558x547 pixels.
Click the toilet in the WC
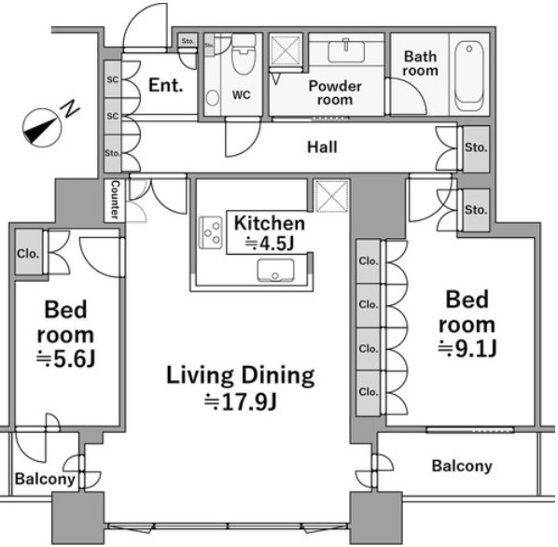pyautogui.click(x=244, y=54)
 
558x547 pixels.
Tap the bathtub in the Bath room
pyautogui.click(x=469, y=76)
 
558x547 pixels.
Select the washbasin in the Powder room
pyautogui.click(x=346, y=51)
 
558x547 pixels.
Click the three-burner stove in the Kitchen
pyautogui.click(x=211, y=232)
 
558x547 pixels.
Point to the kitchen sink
pyautogui.click(x=276, y=270)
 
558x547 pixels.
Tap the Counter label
pyautogui.click(x=115, y=200)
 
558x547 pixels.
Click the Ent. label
pyautogui.click(x=166, y=86)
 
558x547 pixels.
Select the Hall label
pyautogui.click(x=322, y=147)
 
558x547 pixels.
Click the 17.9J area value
pyautogui.click(x=241, y=401)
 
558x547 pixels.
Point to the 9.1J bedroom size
pyautogui.click(x=467, y=348)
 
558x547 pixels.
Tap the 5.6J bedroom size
pyautogui.click(x=66, y=359)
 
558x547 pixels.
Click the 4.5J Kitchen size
pyautogui.click(x=270, y=244)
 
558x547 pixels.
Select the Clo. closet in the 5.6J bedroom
pyautogui.click(x=29, y=253)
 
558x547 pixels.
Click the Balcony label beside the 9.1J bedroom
pyautogui.click(x=462, y=466)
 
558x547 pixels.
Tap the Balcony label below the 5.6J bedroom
pyautogui.click(x=45, y=479)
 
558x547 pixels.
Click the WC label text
pyautogui.click(x=242, y=95)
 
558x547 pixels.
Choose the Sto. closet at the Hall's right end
pyautogui.click(x=476, y=147)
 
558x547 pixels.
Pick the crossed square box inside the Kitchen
pyautogui.click(x=331, y=196)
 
